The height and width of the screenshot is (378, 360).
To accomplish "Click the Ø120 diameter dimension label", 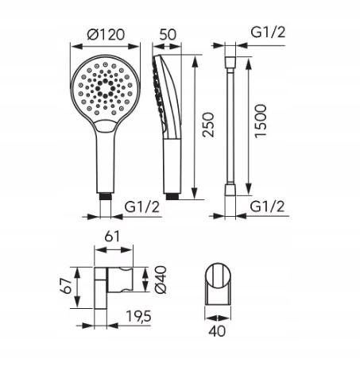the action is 106,34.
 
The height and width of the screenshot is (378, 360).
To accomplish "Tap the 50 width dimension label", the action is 168,34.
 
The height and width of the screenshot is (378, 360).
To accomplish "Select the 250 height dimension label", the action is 208,125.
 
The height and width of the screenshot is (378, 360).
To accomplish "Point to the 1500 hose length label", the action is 261,121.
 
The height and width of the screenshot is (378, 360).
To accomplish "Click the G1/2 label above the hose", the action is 268,33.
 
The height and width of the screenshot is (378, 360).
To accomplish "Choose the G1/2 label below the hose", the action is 267,206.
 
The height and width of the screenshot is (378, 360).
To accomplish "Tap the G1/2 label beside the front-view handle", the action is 142,206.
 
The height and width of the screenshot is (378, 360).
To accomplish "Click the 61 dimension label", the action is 112,237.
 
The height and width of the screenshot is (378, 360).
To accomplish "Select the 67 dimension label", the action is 66,286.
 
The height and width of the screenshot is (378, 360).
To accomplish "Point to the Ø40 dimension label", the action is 161,280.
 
